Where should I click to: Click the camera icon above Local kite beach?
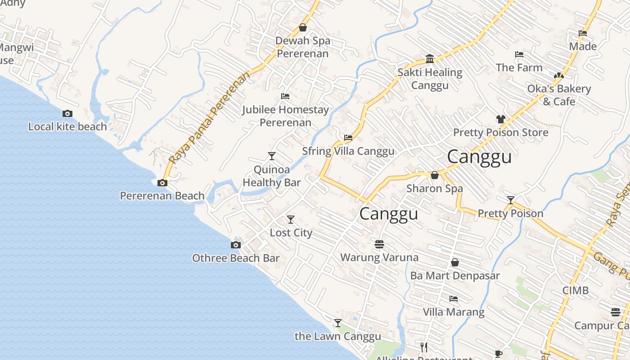[x=67, y=114]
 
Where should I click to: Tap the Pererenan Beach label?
[x=162, y=196]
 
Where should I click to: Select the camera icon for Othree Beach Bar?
[x=236, y=245]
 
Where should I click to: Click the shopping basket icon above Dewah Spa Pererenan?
[x=303, y=28]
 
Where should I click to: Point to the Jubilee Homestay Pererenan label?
[x=285, y=116]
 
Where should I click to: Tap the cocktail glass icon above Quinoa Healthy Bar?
[x=272, y=156]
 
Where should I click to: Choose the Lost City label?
[x=291, y=233]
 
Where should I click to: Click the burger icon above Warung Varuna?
[x=379, y=244]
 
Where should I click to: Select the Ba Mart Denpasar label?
[x=455, y=275]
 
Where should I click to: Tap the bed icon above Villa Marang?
[x=454, y=299]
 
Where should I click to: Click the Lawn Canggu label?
[x=337, y=336]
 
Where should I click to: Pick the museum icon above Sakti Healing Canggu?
[x=430, y=59]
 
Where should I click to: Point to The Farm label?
[x=519, y=67]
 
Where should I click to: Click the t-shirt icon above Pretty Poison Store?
[x=501, y=119]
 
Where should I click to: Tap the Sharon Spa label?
[x=434, y=188]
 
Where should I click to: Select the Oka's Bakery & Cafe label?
[x=559, y=95]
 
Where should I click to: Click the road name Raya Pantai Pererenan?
[x=209, y=118]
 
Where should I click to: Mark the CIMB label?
[x=575, y=290]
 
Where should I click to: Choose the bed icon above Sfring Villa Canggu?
[x=348, y=138]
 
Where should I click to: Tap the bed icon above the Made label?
[x=583, y=33]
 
